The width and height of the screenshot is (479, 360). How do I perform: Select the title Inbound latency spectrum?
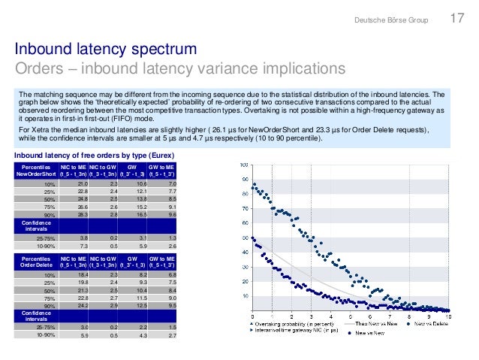pyautogui.click(x=106, y=50)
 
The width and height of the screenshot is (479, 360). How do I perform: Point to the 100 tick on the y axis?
pyautogui.click(x=243, y=164)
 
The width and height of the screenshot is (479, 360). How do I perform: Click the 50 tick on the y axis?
pyautogui.click(x=244, y=237)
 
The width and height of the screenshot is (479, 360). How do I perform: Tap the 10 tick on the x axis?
pyautogui.click(x=449, y=316)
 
